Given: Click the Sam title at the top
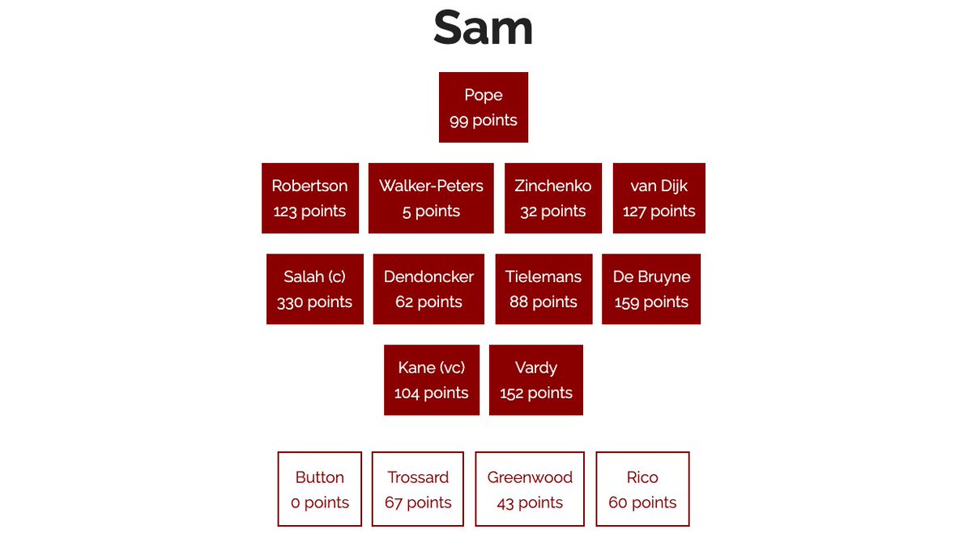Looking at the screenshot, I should (x=483, y=28).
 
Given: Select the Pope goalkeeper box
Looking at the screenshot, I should (x=484, y=107).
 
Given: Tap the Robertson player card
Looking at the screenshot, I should (x=309, y=198).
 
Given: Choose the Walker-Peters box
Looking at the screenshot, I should (x=431, y=198).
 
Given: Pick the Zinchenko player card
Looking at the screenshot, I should (x=552, y=198).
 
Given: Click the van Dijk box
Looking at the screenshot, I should (x=659, y=198).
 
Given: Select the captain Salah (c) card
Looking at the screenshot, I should (x=314, y=288).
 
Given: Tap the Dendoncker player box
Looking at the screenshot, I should (x=428, y=288).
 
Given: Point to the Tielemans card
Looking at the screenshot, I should (x=544, y=288).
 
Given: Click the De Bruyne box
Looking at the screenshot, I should (x=651, y=288).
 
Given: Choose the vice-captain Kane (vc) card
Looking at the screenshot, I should (x=432, y=379).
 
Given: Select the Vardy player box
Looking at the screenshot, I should (x=535, y=379).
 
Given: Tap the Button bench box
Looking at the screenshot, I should (x=319, y=489).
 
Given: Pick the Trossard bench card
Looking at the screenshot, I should (x=418, y=489).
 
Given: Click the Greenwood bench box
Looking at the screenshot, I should (x=530, y=489).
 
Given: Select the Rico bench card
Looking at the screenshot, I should (x=642, y=489).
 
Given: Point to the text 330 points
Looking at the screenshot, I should (x=314, y=302).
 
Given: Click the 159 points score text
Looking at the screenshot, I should (x=651, y=302).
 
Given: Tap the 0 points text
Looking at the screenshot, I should (x=320, y=502).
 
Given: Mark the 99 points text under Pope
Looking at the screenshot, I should (x=484, y=121).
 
